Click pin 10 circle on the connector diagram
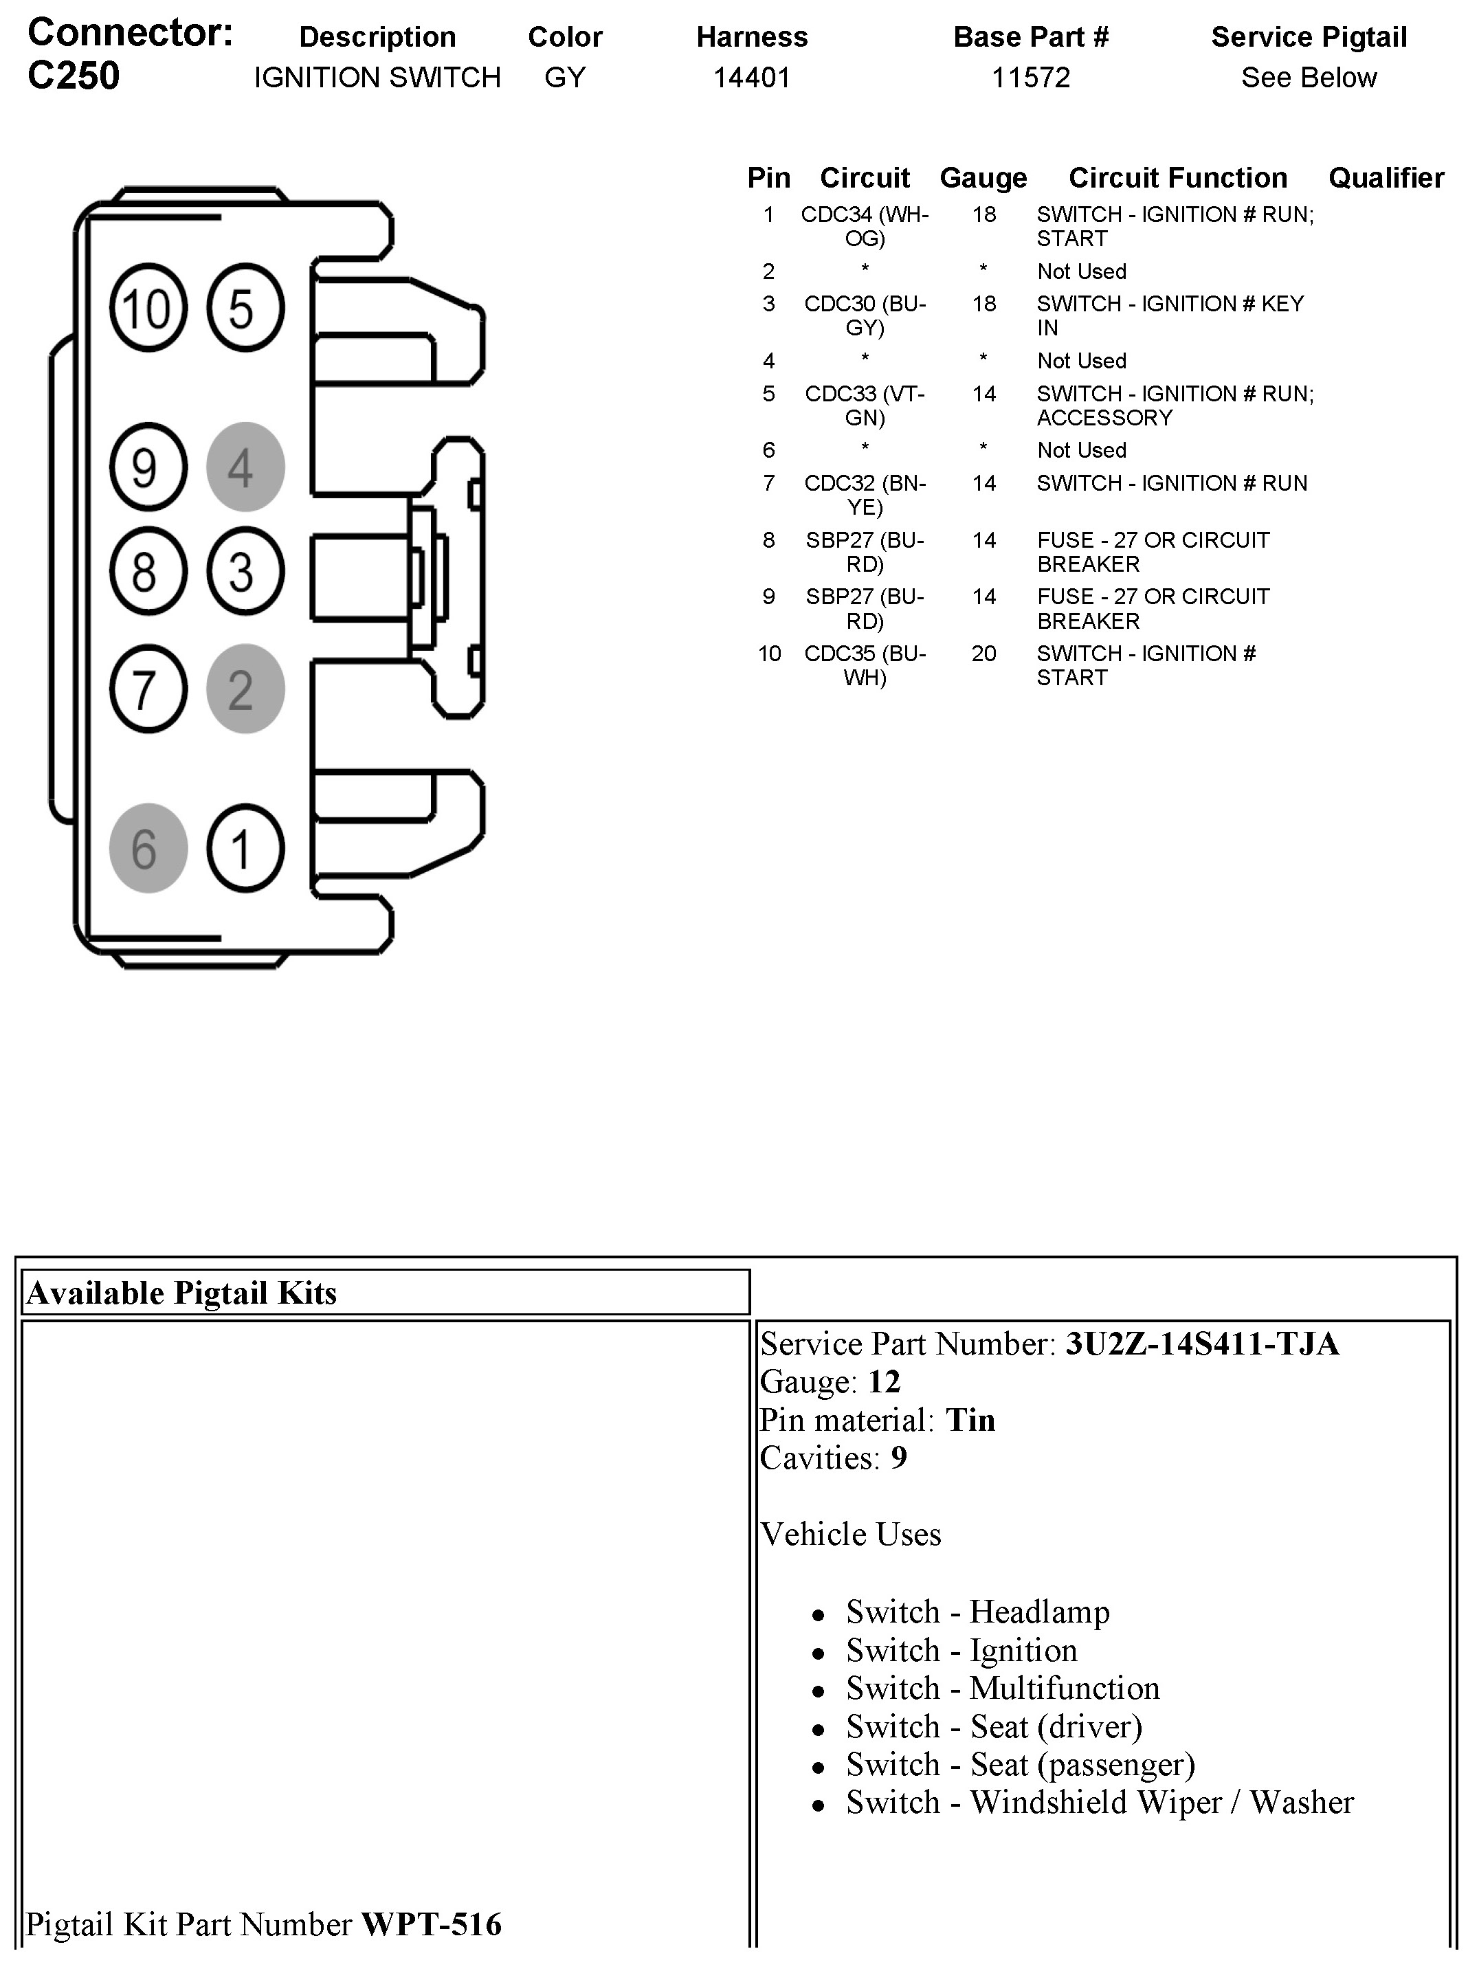click(x=148, y=309)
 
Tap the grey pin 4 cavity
click(x=245, y=467)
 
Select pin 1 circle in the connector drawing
click(x=245, y=848)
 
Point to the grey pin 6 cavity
click(x=148, y=848)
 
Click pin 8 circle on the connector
click(x=148, y=571)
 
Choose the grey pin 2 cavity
click(x=245, y=689)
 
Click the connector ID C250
click(x=73, y=76)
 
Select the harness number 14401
click(x=751, y=78)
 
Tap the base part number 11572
click(x=1030, y=78)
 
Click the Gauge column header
click(x=983, y=177)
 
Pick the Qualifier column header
click(x=1386, y=177)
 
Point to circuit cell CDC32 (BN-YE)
click(x=864, y=495)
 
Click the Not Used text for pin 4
click(x=1081, y=361)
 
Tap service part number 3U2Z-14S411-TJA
click(x=1201, y=1343)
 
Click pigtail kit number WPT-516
click(x=431, y=1924)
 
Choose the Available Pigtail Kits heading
click(x=181, y=1292)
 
